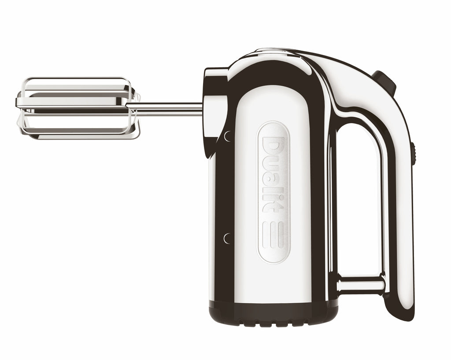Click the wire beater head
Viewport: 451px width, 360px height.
[x=78, y=108]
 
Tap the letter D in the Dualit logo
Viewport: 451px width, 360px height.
[x=273, y=148]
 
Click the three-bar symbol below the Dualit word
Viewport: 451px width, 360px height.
[x=273, y=235]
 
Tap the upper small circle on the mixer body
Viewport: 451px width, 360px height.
[x=228, y=136]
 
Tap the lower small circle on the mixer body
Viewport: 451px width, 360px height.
[x=228, y=239]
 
